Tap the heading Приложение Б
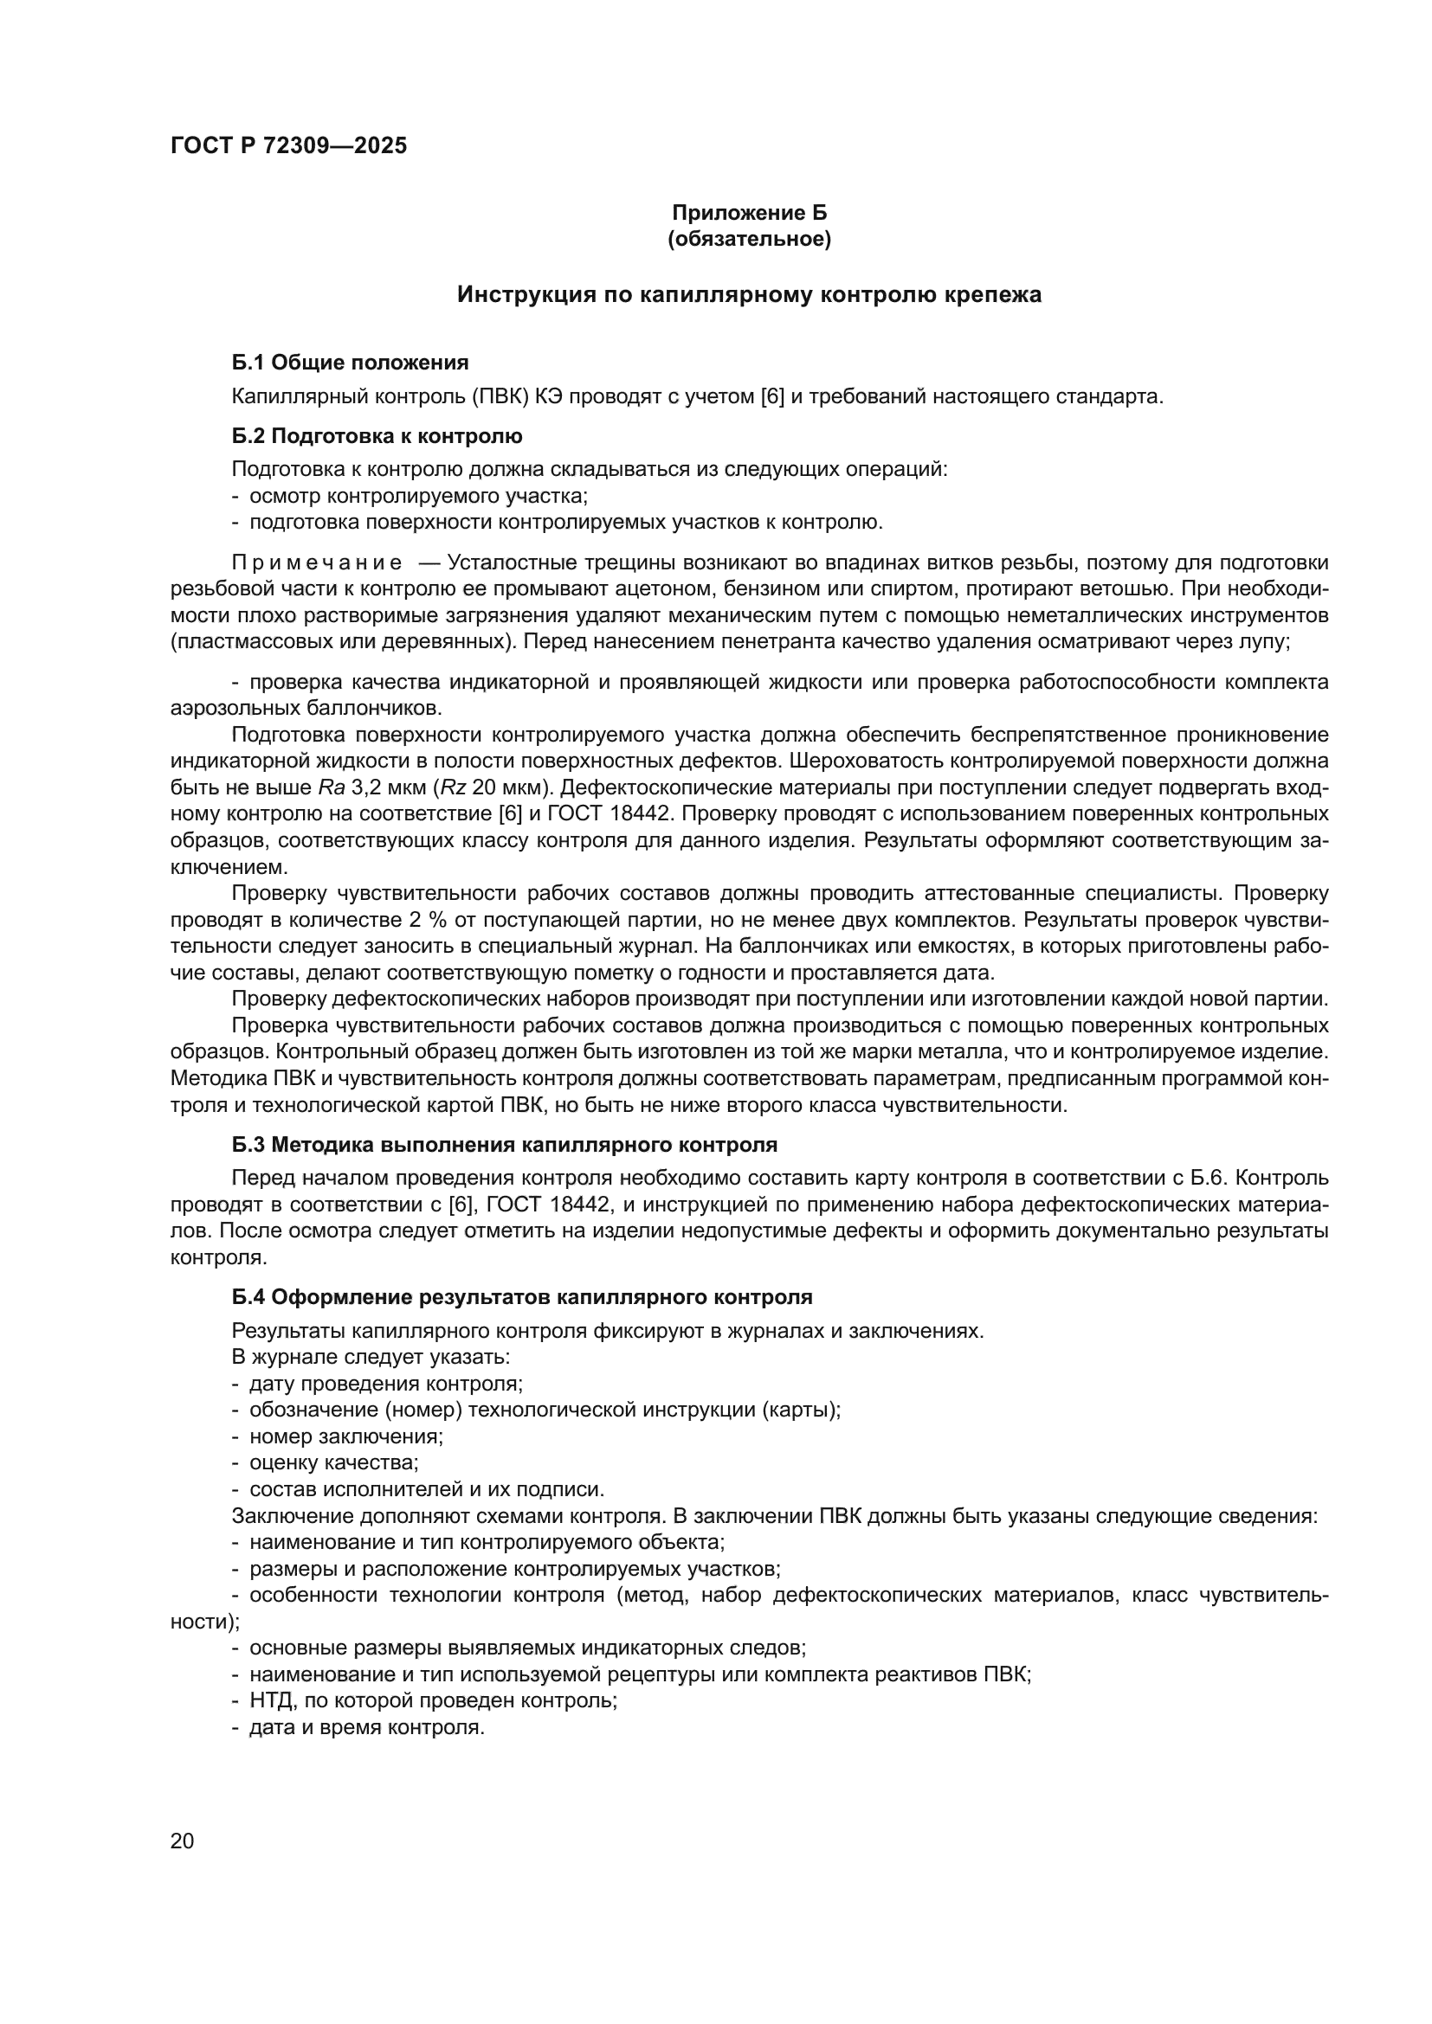pos(749,213)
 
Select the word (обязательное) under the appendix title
pos(749,239)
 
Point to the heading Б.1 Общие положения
pos(350,363)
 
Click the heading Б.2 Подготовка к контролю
pos(377,435)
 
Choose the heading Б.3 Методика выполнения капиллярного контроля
pos(505,1145)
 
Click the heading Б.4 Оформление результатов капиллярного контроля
pos(522,1297)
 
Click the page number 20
pos(182,1841)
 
